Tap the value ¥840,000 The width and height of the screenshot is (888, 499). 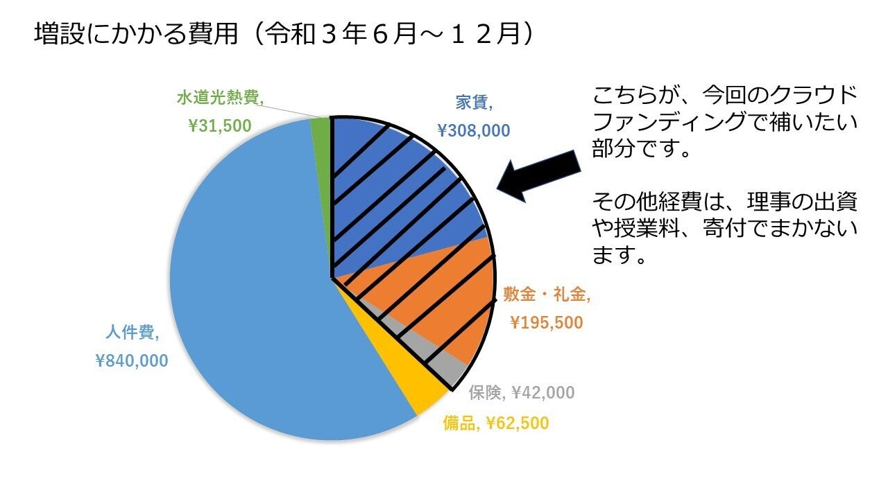(131, 360)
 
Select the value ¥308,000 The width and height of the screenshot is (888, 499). (473, 130)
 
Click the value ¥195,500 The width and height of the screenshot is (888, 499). (546, 322)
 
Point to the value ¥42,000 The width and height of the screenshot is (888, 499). (543, 393)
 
